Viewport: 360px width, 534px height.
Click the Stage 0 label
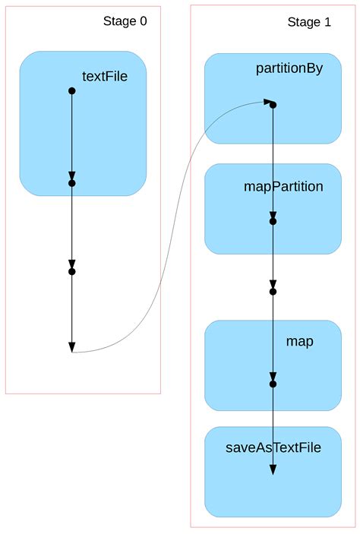tap(125, 21)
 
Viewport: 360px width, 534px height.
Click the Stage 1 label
tap(309, 23)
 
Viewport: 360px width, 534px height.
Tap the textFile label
tap(105, 76)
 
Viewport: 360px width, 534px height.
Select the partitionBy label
tap(289, 69)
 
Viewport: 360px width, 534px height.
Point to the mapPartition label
tap(283, 186)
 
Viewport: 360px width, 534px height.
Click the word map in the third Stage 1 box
tap(299, 342)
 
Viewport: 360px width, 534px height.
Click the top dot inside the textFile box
tap(72, 91)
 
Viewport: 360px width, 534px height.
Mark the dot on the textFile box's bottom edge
tap(72, 183)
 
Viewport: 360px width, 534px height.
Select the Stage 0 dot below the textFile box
tap(72, 271)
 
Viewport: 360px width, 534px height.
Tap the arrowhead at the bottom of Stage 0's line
tap(72, 347)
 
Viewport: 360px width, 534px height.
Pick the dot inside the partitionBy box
tap(273, 105)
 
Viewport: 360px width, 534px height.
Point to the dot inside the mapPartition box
tap(273, 221)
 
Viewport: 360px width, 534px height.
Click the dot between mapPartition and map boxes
tap(273, 291)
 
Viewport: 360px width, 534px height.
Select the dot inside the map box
tap(273, 384)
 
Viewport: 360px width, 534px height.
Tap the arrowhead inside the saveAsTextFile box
tap(273, 469)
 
